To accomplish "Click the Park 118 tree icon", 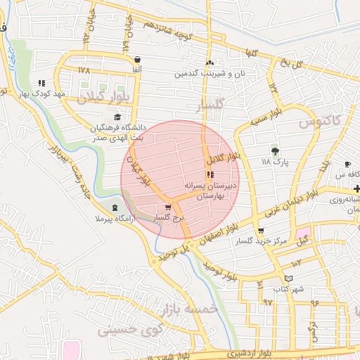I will point(275,151).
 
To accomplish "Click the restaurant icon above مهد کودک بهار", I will point(42,82).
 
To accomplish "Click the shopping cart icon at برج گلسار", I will point(167,207).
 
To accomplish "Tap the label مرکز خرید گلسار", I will point(261,240).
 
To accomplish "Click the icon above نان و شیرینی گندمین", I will point(210,62).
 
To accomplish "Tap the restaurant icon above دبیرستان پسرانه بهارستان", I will point(210,174).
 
